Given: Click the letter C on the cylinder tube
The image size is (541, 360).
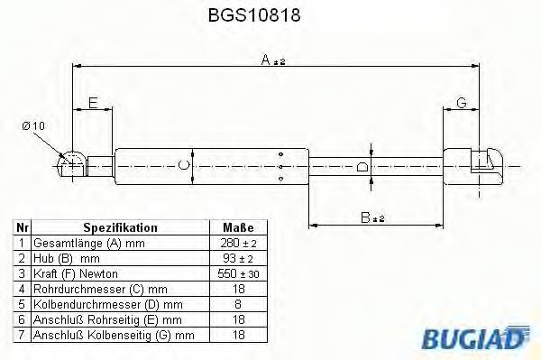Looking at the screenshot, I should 184,164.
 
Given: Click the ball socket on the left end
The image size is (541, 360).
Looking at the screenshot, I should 71,164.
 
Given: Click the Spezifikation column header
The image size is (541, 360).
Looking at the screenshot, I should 120,228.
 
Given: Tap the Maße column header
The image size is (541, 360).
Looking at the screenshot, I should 238,228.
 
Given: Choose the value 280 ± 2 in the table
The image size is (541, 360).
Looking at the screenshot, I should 238,244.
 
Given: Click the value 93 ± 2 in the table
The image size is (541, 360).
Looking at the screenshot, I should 238,259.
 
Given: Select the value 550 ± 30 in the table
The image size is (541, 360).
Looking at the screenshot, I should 238,273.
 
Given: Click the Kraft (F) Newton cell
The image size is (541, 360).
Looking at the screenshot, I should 76,273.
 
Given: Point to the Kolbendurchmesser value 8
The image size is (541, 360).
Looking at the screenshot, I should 238,304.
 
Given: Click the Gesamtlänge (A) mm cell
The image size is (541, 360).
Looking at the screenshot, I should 88,244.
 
